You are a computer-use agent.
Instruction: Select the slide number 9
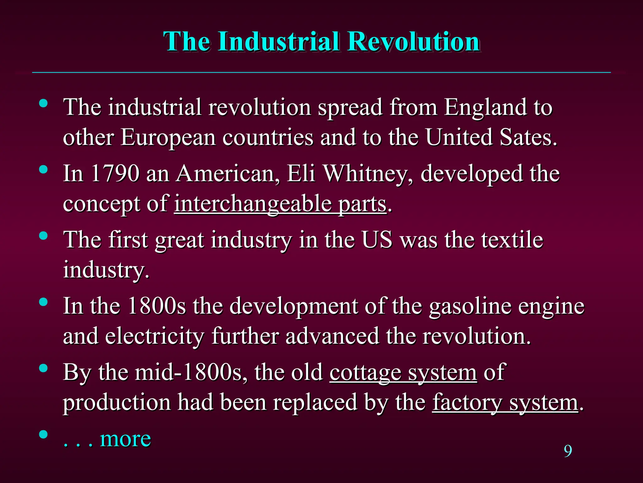[568, 451]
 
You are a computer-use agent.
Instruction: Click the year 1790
[115, 173]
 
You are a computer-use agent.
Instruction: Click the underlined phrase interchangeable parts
[280, 204]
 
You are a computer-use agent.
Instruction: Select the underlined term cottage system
[403, 372]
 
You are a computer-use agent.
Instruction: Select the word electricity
[154, 336]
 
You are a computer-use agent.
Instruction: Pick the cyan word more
[125, 439]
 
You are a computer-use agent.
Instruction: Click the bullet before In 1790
[43, 170]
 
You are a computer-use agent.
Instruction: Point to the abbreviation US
[377, 240]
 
